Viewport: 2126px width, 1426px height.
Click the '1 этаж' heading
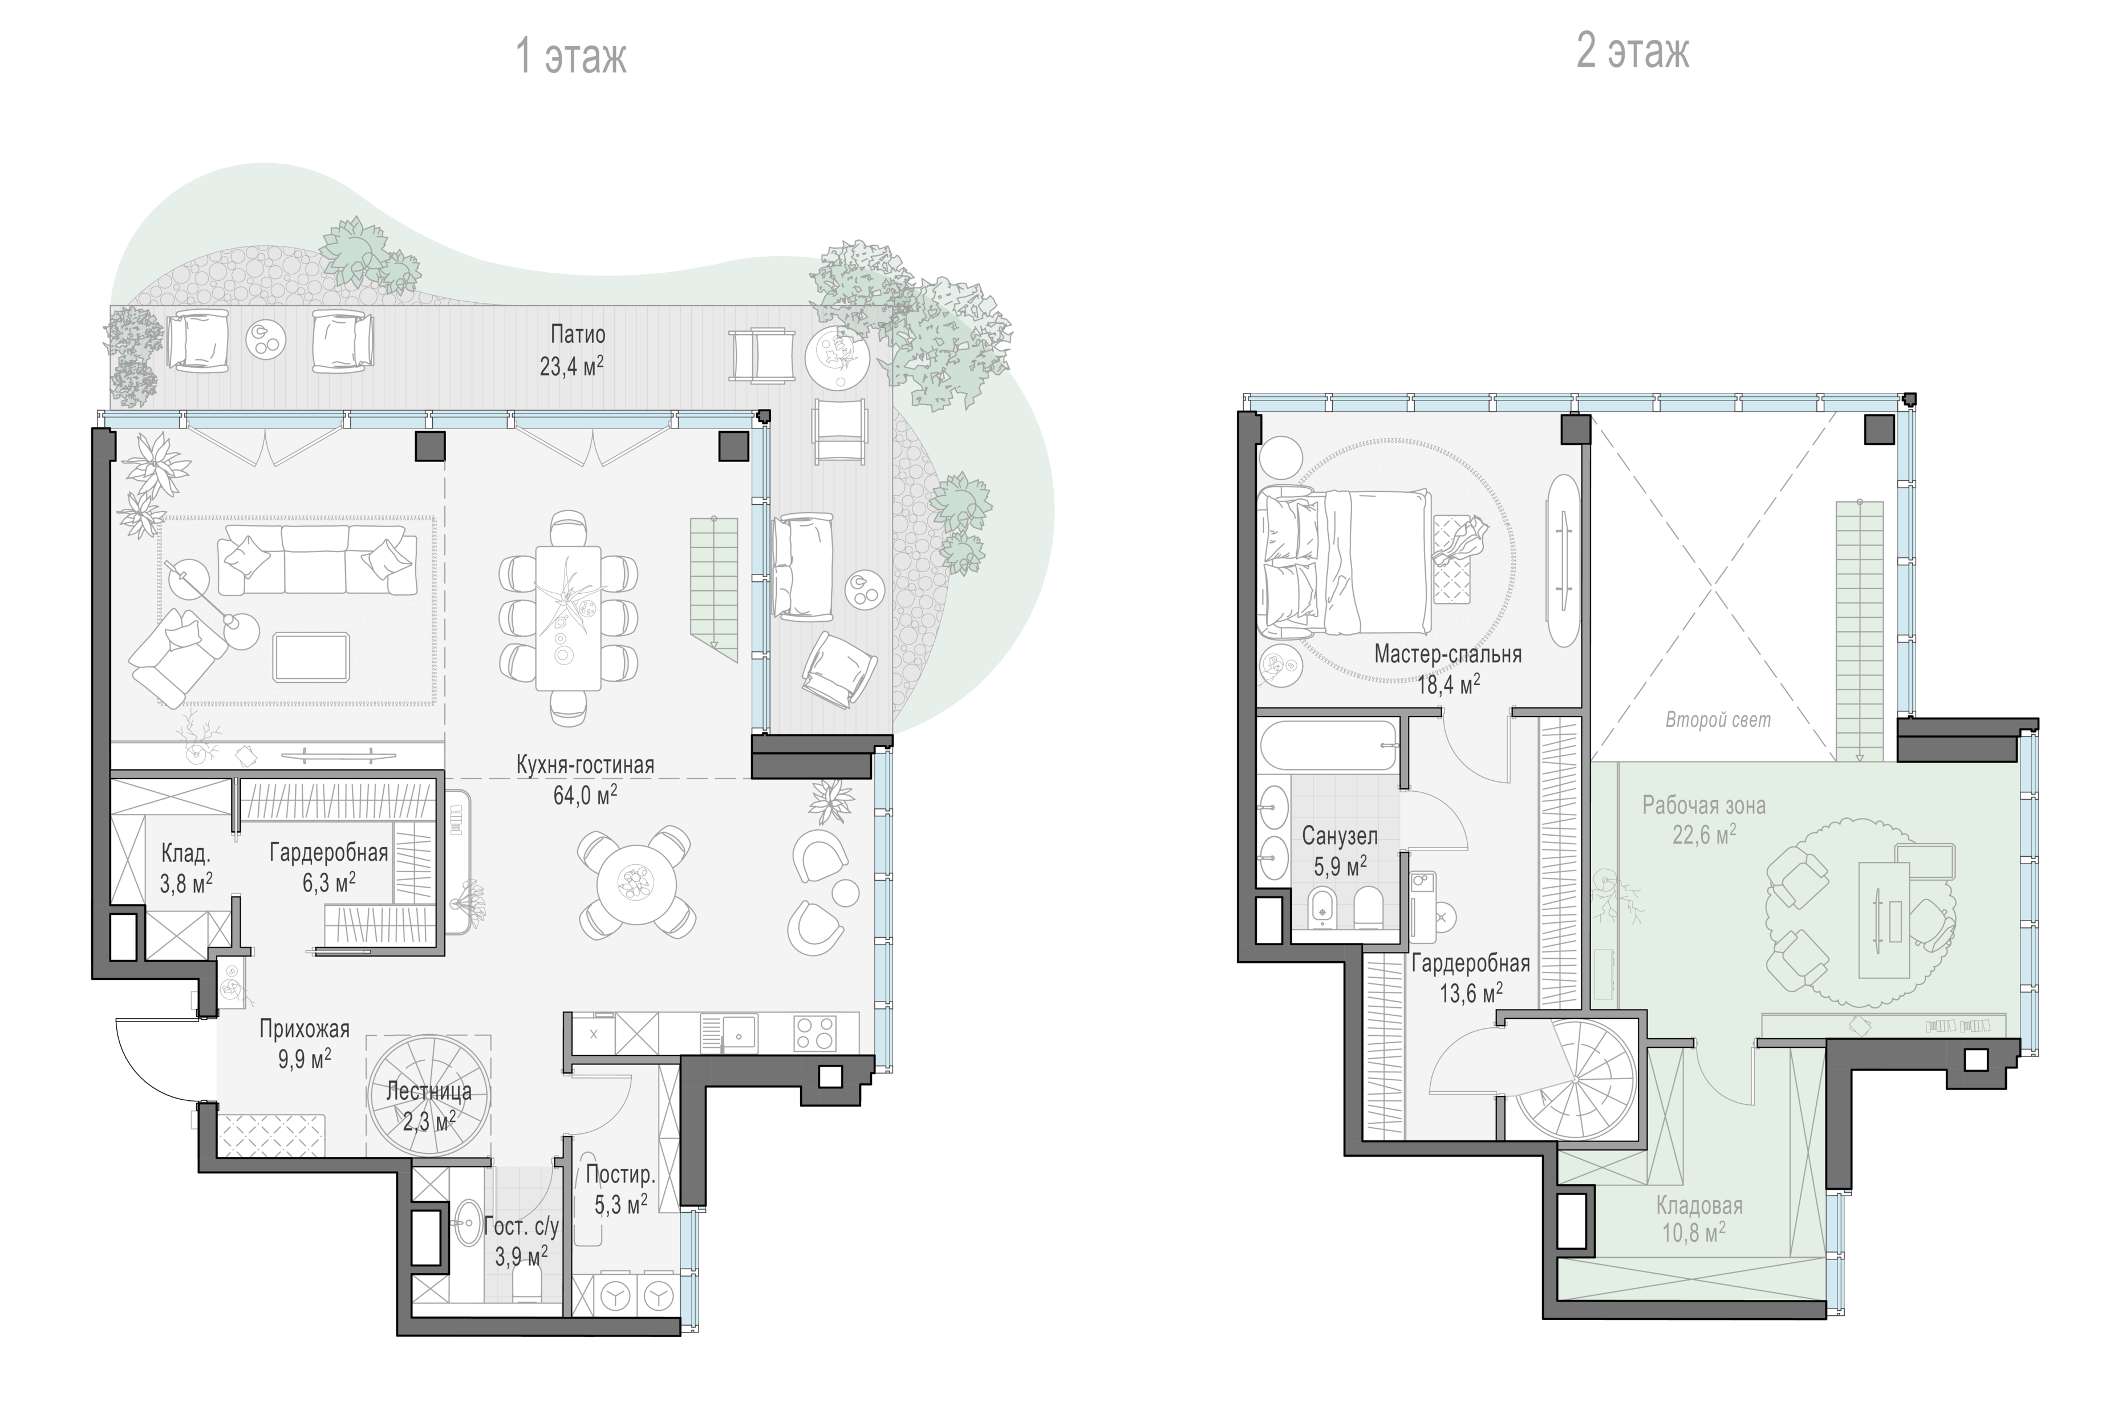(x=571, y=56)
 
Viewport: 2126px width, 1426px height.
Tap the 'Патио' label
(x=578, y=335)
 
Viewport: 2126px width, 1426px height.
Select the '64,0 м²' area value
(x=585, y=795)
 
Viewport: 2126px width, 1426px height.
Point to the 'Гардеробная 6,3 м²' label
(x=328, y=866)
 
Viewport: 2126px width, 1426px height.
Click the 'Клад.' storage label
(x=185, y=853)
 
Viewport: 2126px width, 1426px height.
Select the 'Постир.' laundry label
(x=620, y=1174)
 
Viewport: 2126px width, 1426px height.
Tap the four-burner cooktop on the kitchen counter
(x=815, y=1033)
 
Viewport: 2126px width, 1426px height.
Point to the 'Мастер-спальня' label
(x=1447, y=654)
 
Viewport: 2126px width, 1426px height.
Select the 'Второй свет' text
(x=1718, y=720)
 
